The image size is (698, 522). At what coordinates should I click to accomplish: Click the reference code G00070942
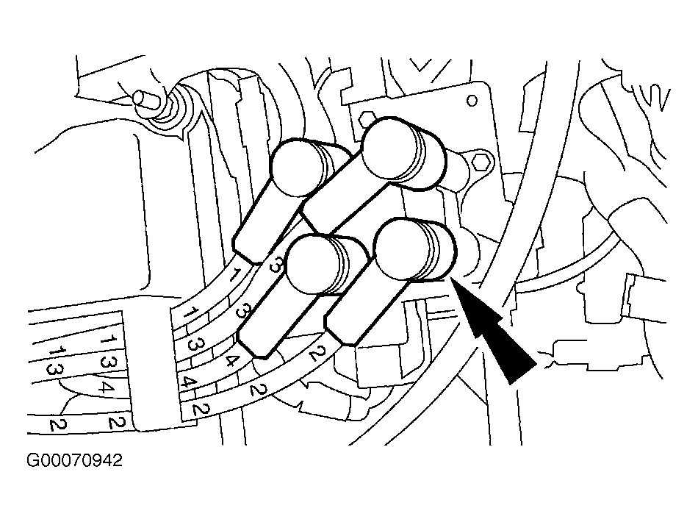click(74, 460)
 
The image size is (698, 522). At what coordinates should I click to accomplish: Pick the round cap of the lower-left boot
click(313, 265)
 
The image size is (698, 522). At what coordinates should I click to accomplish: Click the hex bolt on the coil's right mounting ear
click(481, 163)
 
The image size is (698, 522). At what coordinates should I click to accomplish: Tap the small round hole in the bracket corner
click(472, 101)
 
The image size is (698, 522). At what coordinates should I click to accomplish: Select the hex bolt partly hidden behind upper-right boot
click(367, 119)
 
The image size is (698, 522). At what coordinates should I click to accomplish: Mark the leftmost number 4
click(105, 386)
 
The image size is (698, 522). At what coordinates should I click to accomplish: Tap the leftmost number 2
click(57, 424)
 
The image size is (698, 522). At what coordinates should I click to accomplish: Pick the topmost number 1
click(234, 274)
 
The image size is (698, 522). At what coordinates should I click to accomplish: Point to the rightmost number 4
click(230, 359)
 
